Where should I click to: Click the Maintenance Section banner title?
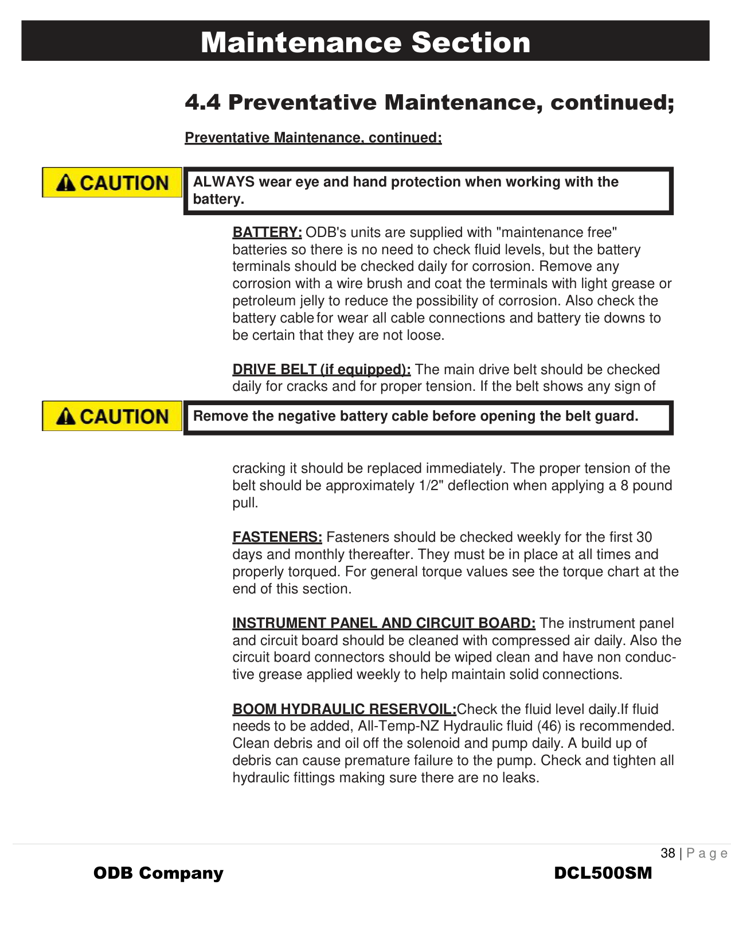click(365, 42)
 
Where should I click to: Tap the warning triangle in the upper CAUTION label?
click(66, 183)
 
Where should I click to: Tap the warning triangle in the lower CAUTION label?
click(66, 417)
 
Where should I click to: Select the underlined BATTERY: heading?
click(267, 232)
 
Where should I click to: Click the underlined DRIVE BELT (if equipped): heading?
click(322, 370)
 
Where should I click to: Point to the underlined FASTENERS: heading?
click(277, 537)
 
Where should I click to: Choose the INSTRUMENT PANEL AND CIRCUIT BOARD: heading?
click(384, 623)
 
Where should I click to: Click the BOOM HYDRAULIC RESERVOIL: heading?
click(345, 709)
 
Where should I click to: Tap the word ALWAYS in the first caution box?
click(224, 182)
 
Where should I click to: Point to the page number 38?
click(668, 853)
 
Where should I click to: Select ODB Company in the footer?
click(158, 874)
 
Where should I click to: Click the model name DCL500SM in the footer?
click(603, 874)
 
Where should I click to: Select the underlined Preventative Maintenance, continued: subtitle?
click(313, 138)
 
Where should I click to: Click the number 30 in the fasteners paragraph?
click(644, 537)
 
